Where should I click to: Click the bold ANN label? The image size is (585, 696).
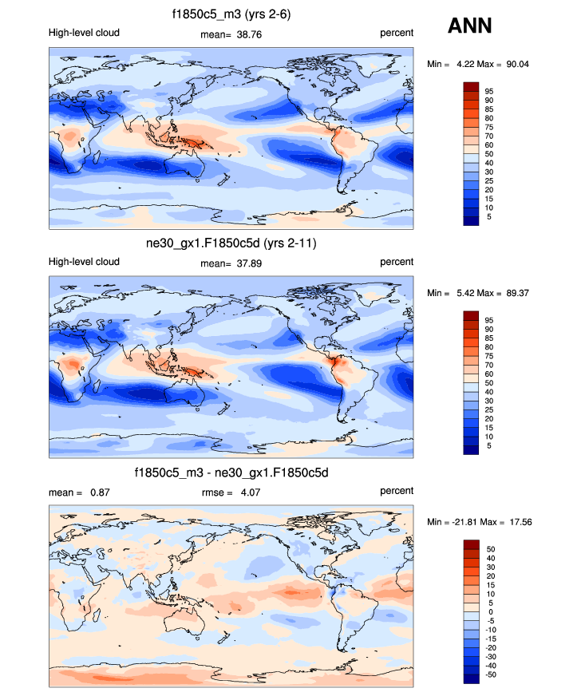[x=469, y=26]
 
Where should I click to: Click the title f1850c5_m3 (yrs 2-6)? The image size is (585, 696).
[x=231, y=14]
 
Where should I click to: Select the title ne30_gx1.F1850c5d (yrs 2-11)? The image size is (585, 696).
[x=231, y=243]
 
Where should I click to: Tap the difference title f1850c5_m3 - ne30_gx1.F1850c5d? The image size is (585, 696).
[x=231, y=473]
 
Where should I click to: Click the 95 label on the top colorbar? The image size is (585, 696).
[x=488, y=91]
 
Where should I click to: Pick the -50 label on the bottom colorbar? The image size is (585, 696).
[x=489, y=674]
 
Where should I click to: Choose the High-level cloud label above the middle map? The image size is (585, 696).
[x=84, y=262]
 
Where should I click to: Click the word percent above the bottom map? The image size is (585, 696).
[x=396, y=492]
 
